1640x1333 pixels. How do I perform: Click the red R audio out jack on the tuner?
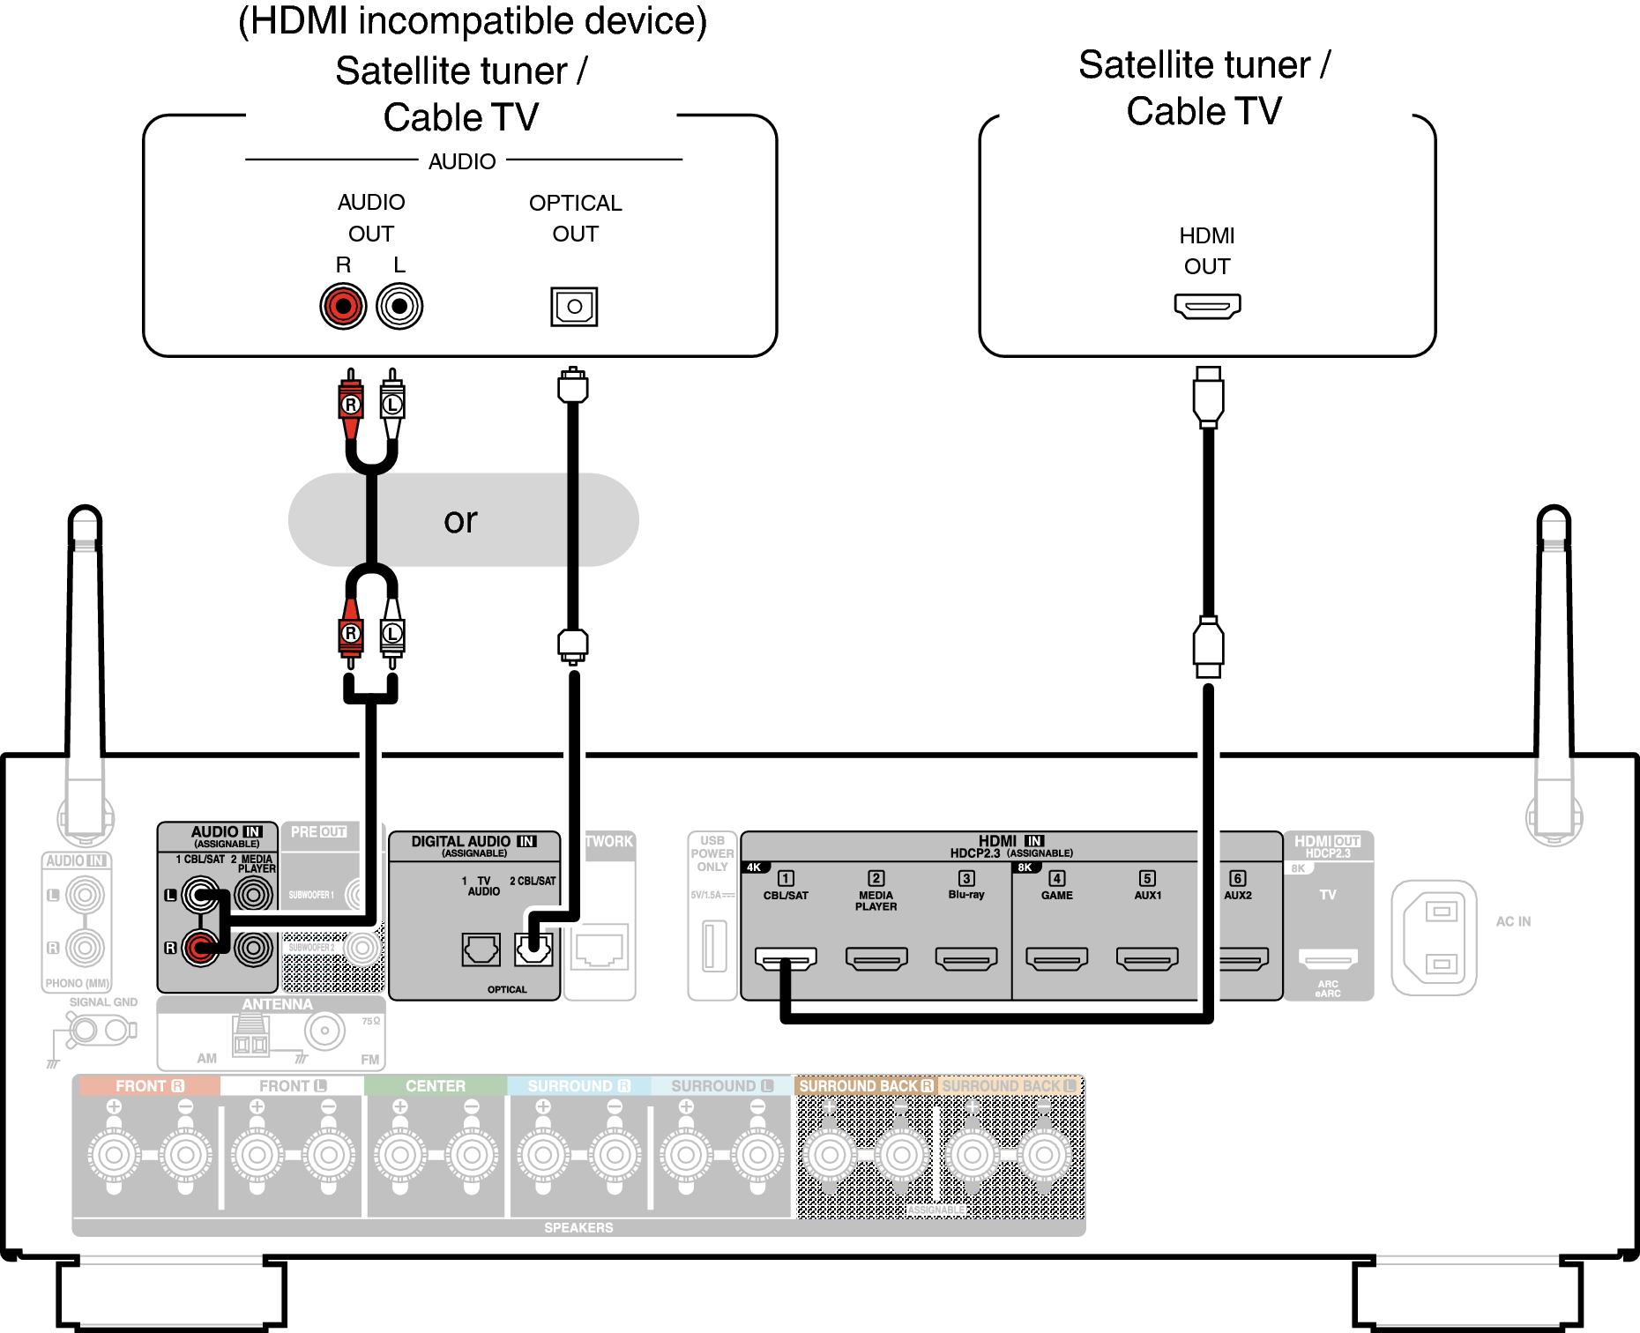(343, 306)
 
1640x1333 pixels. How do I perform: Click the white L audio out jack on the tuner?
(399, 306)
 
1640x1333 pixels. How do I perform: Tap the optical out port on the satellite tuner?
(574, 307)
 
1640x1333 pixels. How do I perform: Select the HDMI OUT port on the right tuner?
(1207, 306)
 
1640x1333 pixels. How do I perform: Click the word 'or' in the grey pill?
(460, 520)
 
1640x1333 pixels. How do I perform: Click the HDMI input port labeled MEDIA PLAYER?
(876, 958)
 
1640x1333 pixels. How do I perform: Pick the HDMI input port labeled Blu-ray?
(966, 958)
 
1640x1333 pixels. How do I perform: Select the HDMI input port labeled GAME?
(1056, 958)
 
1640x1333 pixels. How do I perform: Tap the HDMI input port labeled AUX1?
(1147, 958)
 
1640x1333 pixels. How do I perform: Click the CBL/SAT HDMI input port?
(786, 958)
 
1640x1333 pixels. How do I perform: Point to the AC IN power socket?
(1435, 938)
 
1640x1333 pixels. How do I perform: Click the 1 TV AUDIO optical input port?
(481, 949)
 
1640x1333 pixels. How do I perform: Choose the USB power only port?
(714, 945)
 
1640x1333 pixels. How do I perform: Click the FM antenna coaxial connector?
(324, 1031)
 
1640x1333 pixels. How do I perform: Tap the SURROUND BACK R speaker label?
(866, 1086)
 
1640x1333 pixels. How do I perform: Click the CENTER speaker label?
(436, 1086)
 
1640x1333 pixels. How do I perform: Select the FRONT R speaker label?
(149, 1086)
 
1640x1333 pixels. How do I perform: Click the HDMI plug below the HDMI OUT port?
(1208, 397)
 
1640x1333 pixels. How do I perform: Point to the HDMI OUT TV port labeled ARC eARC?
(1328, 958)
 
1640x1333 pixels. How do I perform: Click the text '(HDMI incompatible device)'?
(473, 21)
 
